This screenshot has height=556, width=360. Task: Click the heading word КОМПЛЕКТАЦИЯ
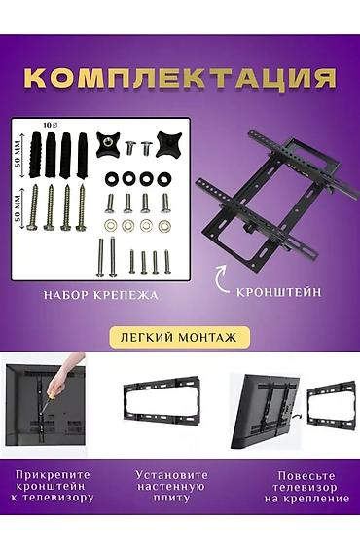(181, 78)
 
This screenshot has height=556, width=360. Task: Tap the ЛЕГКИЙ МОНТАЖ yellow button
(179, 337)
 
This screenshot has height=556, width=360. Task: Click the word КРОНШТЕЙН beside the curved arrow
(279, 292)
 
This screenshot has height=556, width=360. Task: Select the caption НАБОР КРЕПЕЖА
(100, 295)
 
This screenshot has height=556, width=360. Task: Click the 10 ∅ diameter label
(51, 125)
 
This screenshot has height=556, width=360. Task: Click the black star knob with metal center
(107, 145)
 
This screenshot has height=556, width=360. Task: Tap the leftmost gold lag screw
(33, 207)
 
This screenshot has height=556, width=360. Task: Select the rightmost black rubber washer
(163, 179)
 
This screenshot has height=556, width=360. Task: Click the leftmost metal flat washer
(110, 226)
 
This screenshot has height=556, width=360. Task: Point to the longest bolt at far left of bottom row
(100, 257)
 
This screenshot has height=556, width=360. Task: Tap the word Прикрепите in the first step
(54, 475)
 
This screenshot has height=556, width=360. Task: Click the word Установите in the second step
(171, 475)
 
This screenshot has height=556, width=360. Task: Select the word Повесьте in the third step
(306, 475)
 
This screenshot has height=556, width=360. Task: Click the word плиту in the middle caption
(171, 498)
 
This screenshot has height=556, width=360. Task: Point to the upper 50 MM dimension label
(18, 155)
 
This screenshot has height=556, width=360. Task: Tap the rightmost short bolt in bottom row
(166, 262)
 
